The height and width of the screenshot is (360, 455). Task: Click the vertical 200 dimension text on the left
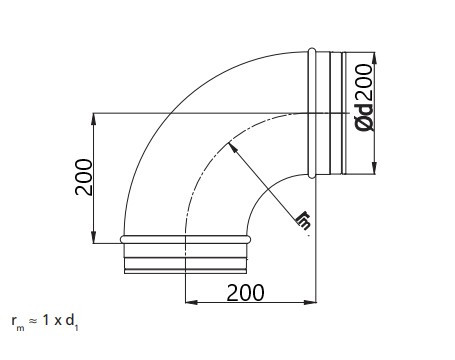pyautogui.click(x=85, y=177)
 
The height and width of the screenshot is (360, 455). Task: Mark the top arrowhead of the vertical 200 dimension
pyautogui.click(x=95, y=116)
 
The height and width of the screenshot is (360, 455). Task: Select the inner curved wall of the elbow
pyautogui.click(x=262, y=196)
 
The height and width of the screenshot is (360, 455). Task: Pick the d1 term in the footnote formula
pyautogui.click(x=73, y=323)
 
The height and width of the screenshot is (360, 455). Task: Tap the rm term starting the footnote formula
pyautogui.click(x=15, y=323)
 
